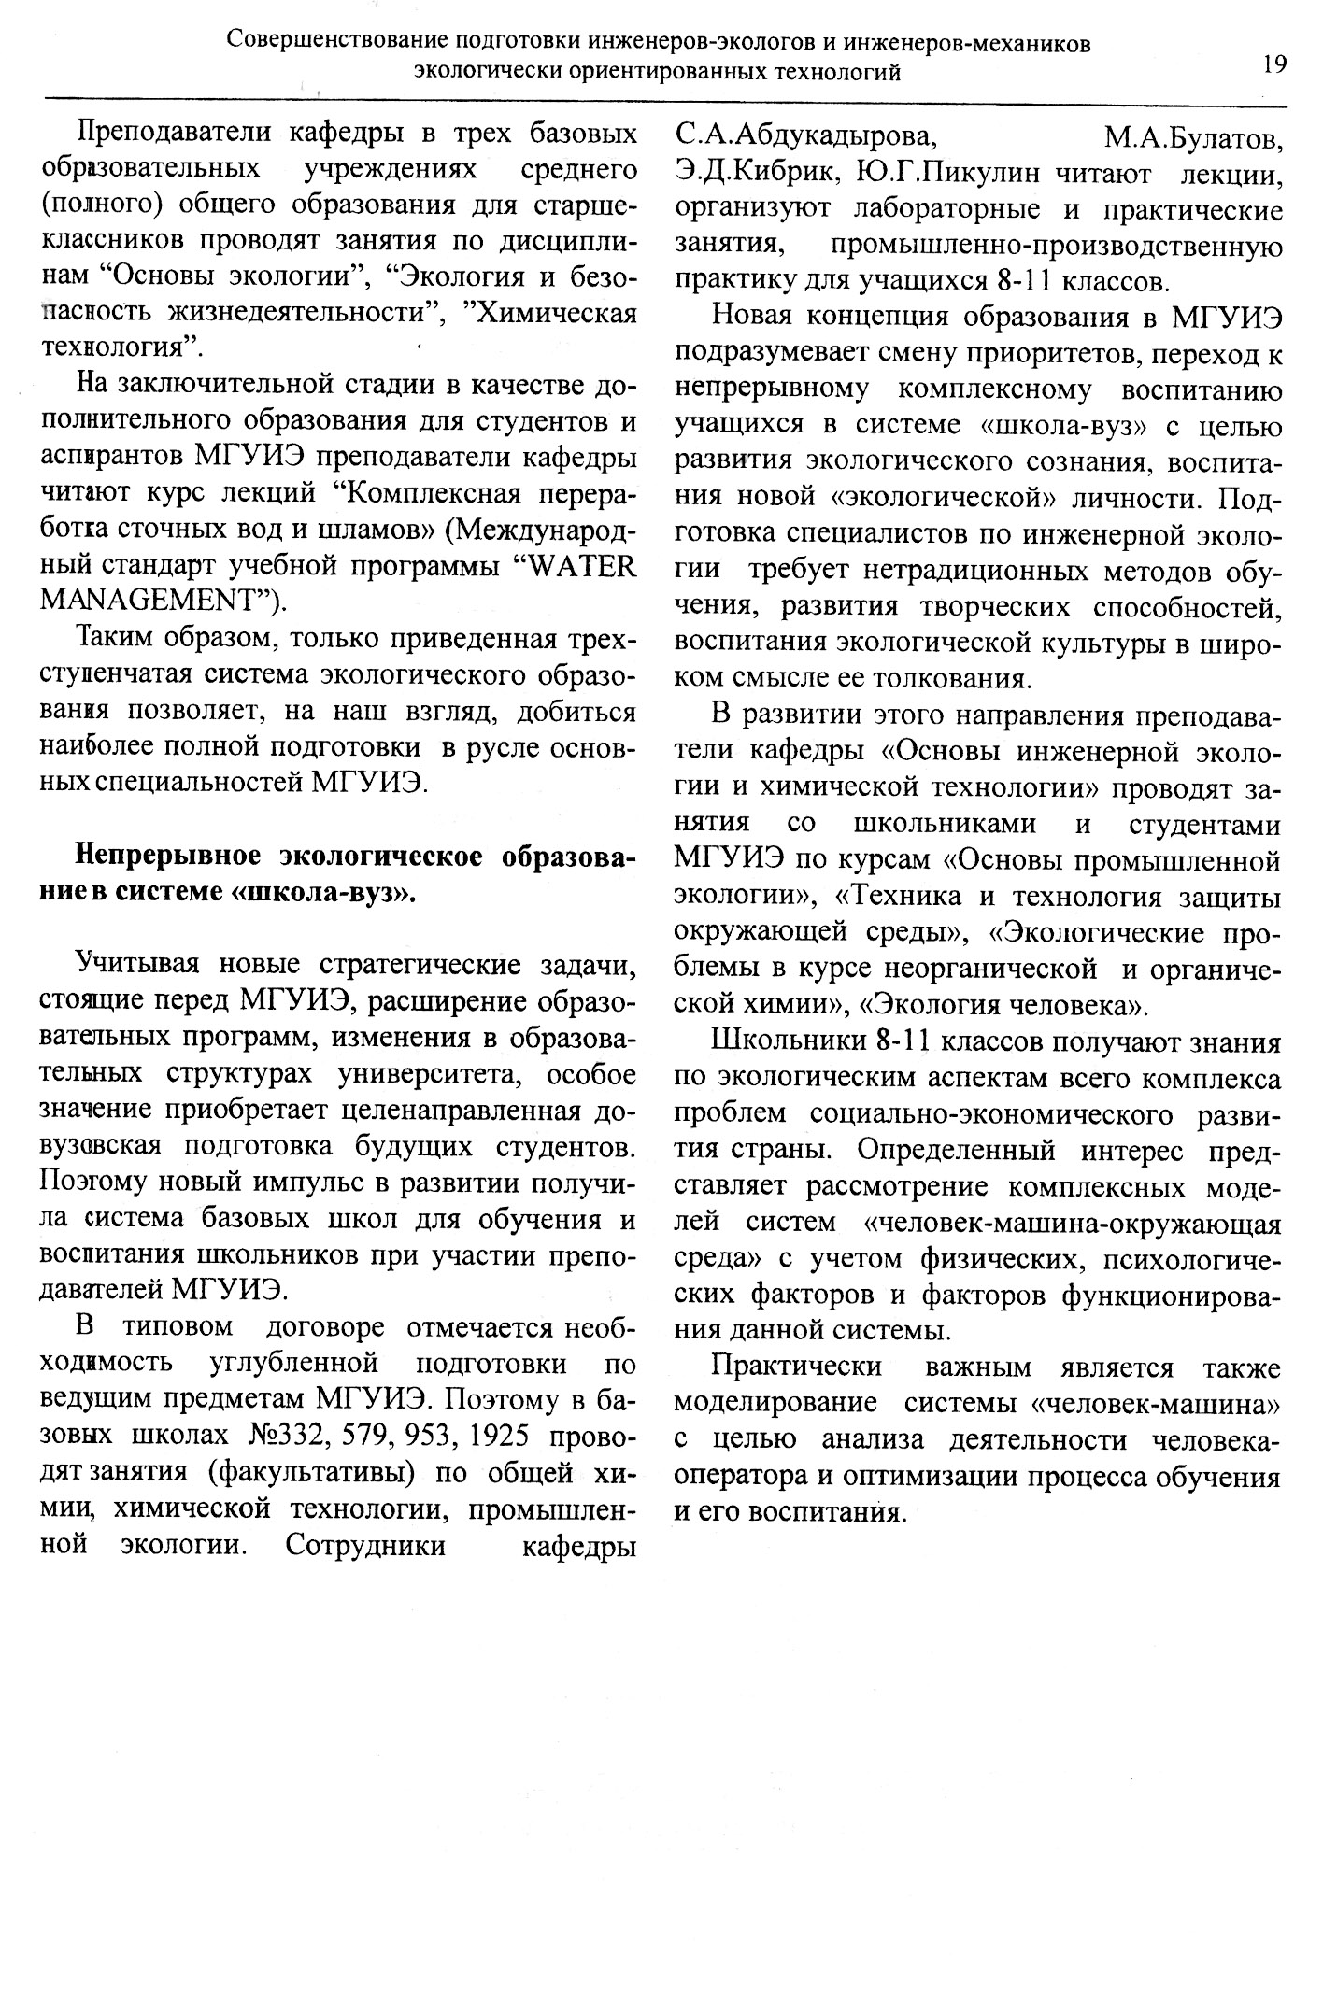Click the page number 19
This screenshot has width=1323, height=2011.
[x=1273, y=64]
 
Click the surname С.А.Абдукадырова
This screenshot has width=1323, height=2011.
[x=804, y=137]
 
